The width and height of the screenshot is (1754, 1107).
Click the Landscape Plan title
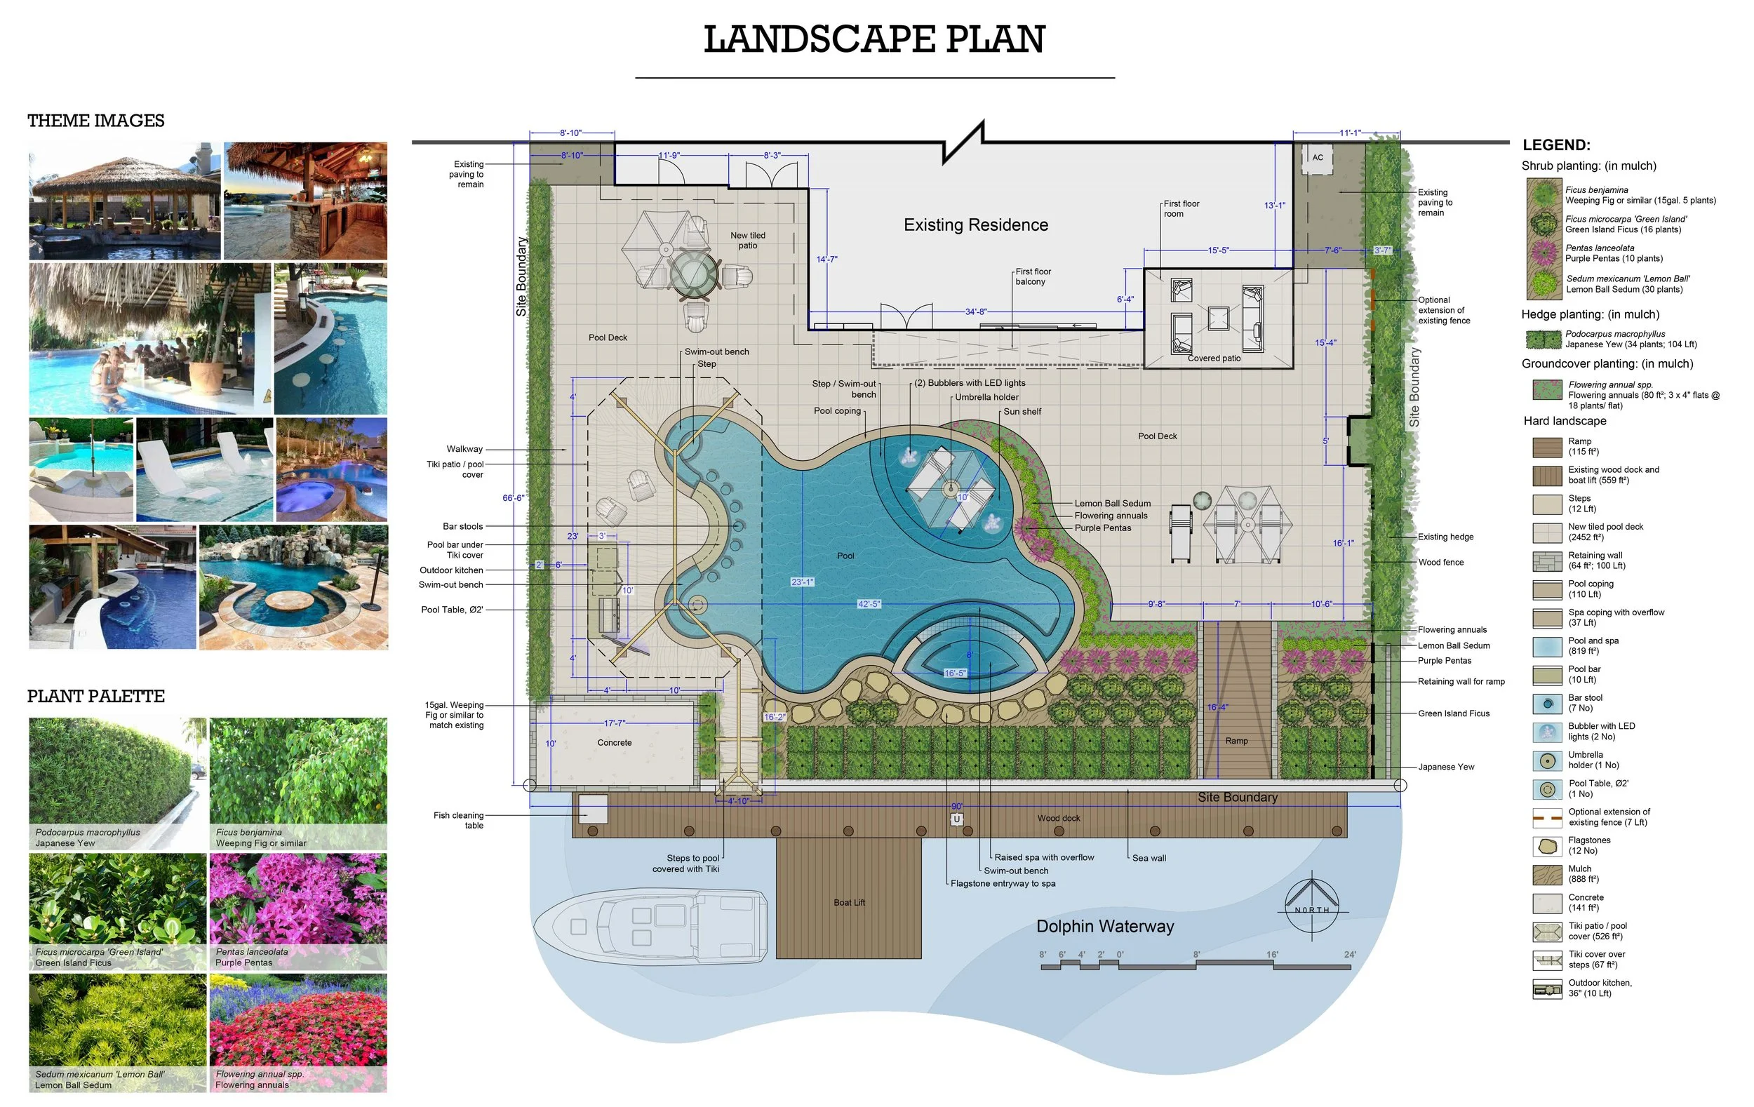874,39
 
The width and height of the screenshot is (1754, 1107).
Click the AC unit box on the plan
1318,158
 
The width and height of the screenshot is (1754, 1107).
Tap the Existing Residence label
976,225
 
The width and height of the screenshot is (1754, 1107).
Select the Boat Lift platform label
850,902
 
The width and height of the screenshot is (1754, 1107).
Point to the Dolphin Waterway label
1105,927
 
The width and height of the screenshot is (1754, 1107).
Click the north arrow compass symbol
1312,905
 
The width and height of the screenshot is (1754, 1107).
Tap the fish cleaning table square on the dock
594,809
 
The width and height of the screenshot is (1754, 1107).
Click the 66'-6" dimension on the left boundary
514,498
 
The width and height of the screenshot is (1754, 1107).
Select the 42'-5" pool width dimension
869,604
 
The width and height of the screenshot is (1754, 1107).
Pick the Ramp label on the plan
1236,741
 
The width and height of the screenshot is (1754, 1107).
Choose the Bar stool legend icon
1547,703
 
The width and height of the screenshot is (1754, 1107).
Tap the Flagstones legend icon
1547,845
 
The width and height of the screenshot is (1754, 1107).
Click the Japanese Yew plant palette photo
118,784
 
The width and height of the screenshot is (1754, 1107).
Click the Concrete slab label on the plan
614,743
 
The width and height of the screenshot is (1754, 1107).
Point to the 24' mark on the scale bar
1350,955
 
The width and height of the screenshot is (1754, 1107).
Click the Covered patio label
1214,358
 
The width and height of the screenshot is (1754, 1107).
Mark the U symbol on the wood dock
956,819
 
